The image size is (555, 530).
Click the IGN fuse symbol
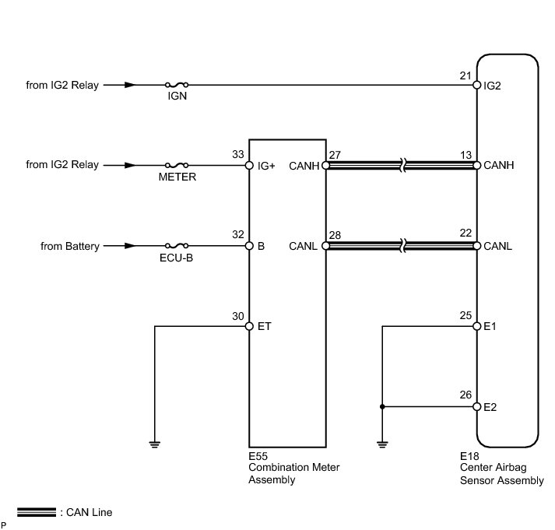click(x=177, y=85)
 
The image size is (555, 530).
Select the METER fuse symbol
click(x=177, y=165)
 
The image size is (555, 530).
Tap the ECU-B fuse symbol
click(x=177, y=246)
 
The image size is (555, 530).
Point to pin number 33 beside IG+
click(x=238, y=154)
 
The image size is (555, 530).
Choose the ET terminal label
click(x=263, y=327)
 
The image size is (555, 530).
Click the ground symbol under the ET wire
click(x=155, y=444)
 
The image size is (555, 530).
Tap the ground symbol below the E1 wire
click(x=381, y=444)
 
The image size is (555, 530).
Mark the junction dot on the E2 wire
click(x=381, y=407)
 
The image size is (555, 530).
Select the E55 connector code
click(x=258, y=456)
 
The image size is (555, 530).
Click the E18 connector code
click(x=470, y=456)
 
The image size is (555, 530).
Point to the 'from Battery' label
click(x=70, y=246)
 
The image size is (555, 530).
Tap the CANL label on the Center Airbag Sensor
click(x=498, y=247)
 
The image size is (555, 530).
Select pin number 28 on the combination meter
click(x=335, y=235)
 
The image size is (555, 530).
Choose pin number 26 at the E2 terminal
click(x=466, y=395)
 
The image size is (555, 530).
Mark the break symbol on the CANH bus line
click(x=401, y=165)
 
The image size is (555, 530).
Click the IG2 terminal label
click(x=492, y=86)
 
